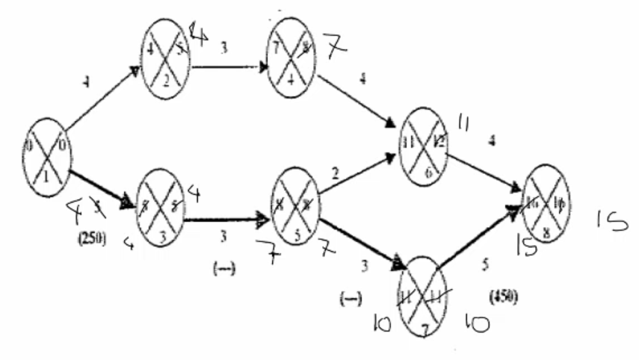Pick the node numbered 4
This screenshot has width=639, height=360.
[291, 57]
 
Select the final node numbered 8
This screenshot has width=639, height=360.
[546, 203]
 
